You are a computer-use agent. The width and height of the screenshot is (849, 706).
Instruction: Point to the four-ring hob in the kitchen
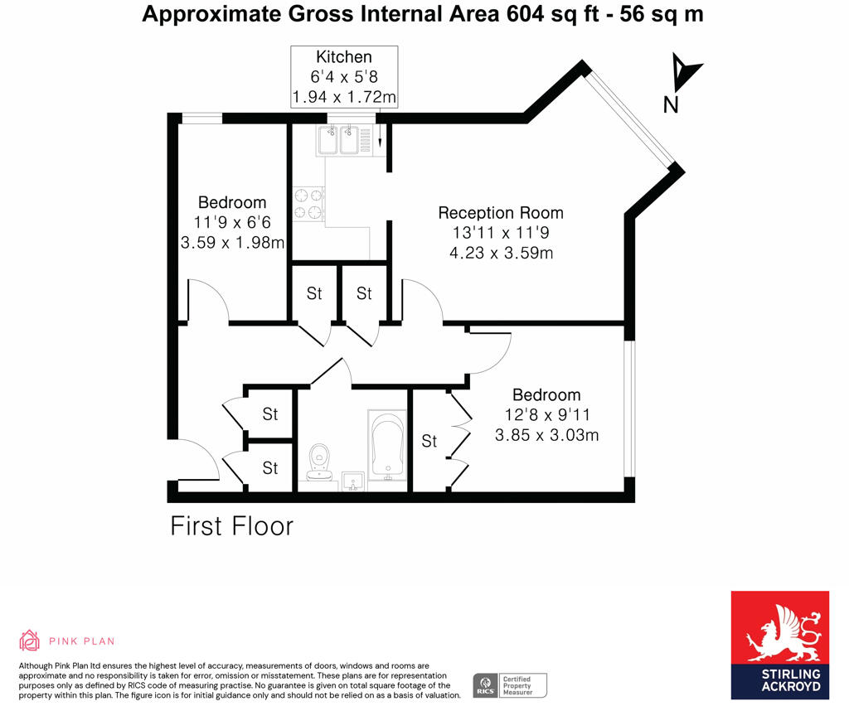pyautogui.click(x=308, y=204)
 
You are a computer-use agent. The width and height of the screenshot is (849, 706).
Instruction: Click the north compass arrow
pyautogui.click(x=685, y=73)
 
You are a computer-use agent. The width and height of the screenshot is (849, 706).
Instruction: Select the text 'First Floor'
pyautogui.click(x=231, y=526)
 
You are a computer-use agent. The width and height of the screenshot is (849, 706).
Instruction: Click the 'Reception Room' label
pyautogui.click(x=501, y=213)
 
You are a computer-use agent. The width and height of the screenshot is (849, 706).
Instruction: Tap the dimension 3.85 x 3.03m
pyautogui.click(x=546, y=435)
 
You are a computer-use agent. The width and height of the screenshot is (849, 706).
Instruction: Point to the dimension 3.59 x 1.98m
pyautogui.click(x=232, y=243)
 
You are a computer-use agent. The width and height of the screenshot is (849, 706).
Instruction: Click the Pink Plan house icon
pyautogui.click(x=30, y=641)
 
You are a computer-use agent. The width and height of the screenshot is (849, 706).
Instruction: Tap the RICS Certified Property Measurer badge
pyautogui.click(x=509, y=685)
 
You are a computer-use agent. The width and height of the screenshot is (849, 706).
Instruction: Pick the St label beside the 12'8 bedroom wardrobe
pyautogui.click(x=429, y=442)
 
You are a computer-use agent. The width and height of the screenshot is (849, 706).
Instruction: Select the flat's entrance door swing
pyautogui.click(x=197, y=460)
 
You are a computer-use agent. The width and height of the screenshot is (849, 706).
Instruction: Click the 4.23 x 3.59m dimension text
pyautogui.click(x=501, y=253)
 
